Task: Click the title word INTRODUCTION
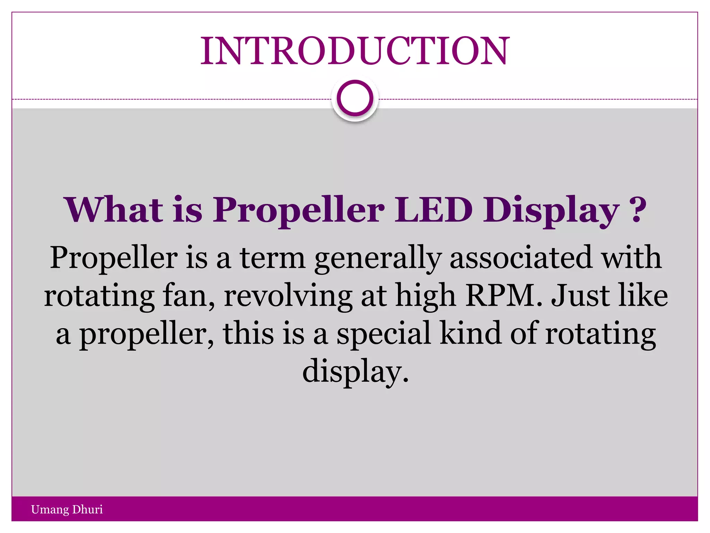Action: [x=355, y=51]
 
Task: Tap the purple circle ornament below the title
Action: [x=355, y=98]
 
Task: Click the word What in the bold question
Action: [x=113, y=210]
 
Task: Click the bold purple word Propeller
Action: [x=298, y=210]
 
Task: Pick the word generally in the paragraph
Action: [x=378, y=259]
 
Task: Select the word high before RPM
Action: [x=425, y=297]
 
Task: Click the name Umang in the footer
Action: [x=50, y=509]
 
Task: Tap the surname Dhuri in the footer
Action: [x=88, y=509]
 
